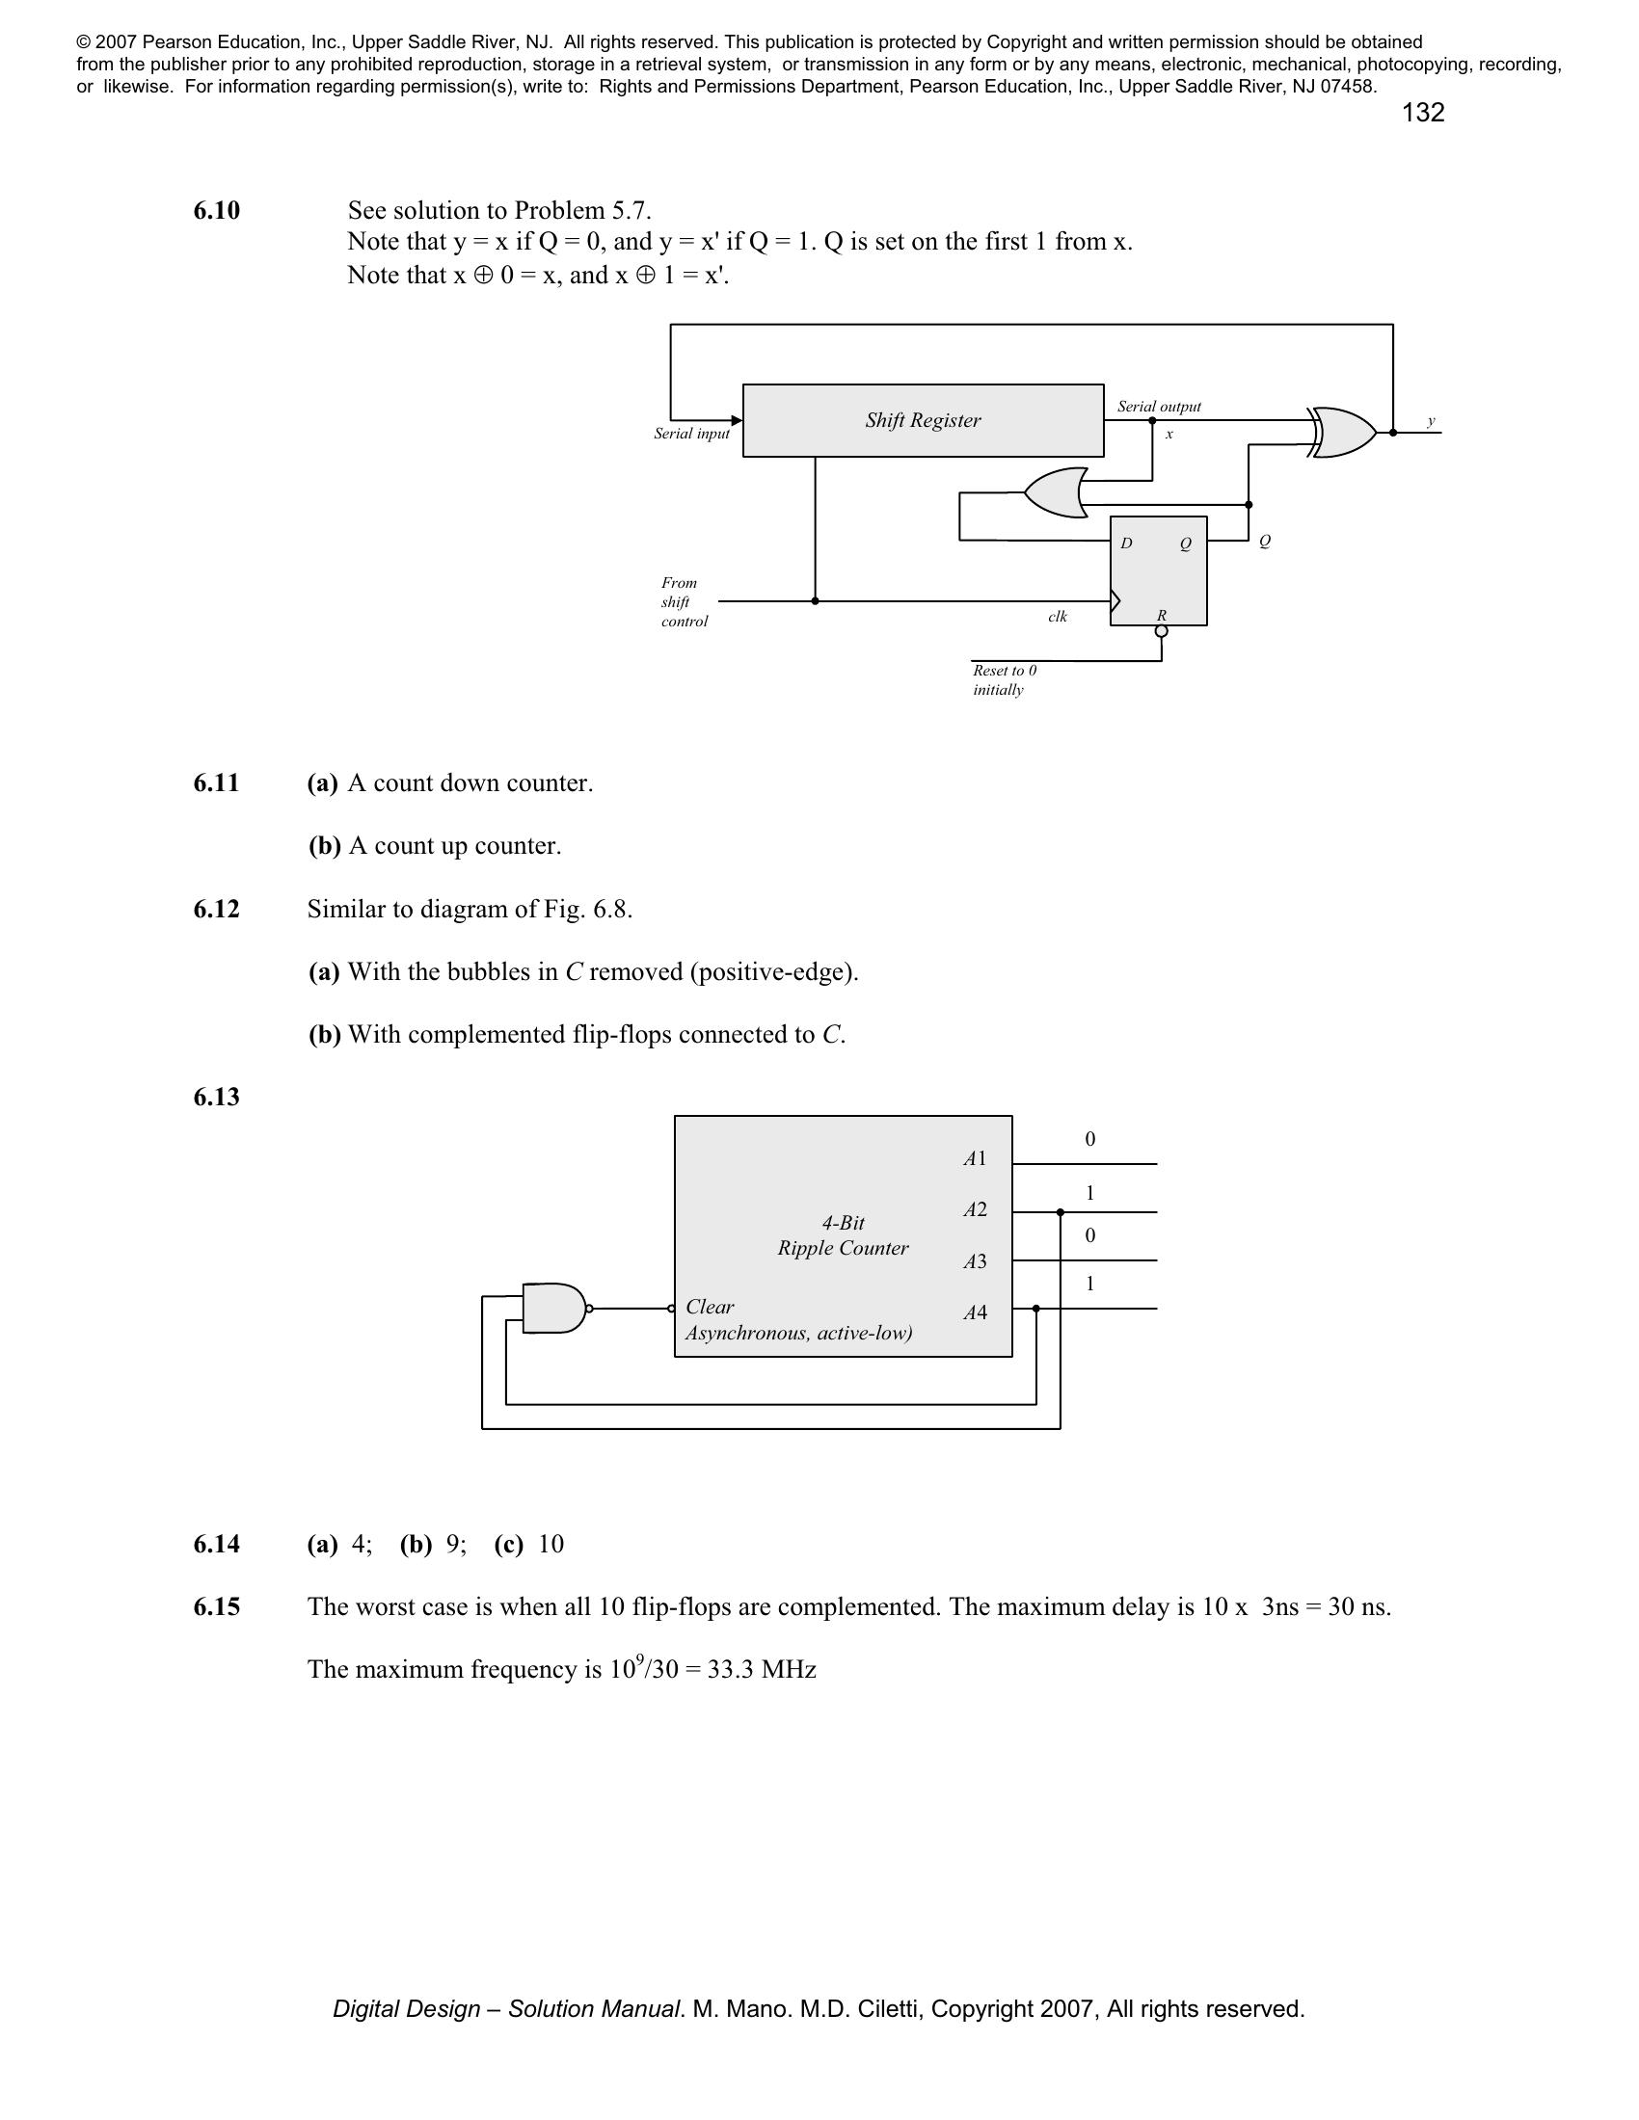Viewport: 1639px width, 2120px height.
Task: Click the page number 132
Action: pyautogui.click(x=1422, y=114)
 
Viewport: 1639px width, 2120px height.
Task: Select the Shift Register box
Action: pyautogui.click(x=923, y=420)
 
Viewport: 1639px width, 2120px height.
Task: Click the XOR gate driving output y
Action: pyautogui.click(x=1344, y=432)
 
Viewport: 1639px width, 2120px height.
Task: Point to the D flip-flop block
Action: pyautogui.click(x=1158, y=570)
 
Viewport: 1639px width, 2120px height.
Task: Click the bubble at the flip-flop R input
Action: pyautogui.click(x=1162, y=632)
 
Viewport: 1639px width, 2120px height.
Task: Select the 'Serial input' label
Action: pyautogui.click(x=691, y=434)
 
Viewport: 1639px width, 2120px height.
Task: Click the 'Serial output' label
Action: pyautogui.click(x=1158, y=407)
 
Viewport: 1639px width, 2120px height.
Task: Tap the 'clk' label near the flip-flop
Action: pyautogui.click(x=1058, y=617)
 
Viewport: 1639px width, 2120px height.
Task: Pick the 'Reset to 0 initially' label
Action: pyautogui.click(x=1004, y=679)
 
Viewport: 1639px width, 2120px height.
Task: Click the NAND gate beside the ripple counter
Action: pyautogui.click(x=554, y=1309)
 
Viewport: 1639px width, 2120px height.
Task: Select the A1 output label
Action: pyautogui.click(x=975, y=1158)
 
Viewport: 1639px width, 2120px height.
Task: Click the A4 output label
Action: pyautogui.click(x=975, y=1312)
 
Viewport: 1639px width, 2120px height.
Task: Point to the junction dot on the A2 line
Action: pyautogui.click(x=1061, y=1212)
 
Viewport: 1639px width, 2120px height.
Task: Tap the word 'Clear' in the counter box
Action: pyautogui.click(x=710, y=1307)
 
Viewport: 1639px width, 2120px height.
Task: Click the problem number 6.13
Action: pyautogui.click(x=217, y=1097)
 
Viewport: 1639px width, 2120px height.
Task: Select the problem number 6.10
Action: pyautogui.click(x=217, y=211)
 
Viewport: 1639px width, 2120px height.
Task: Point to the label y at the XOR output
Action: pyautogui.click(x=1430, y=421)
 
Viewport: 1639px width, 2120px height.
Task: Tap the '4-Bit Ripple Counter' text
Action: pyautogui.click(x=843, y=1235)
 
